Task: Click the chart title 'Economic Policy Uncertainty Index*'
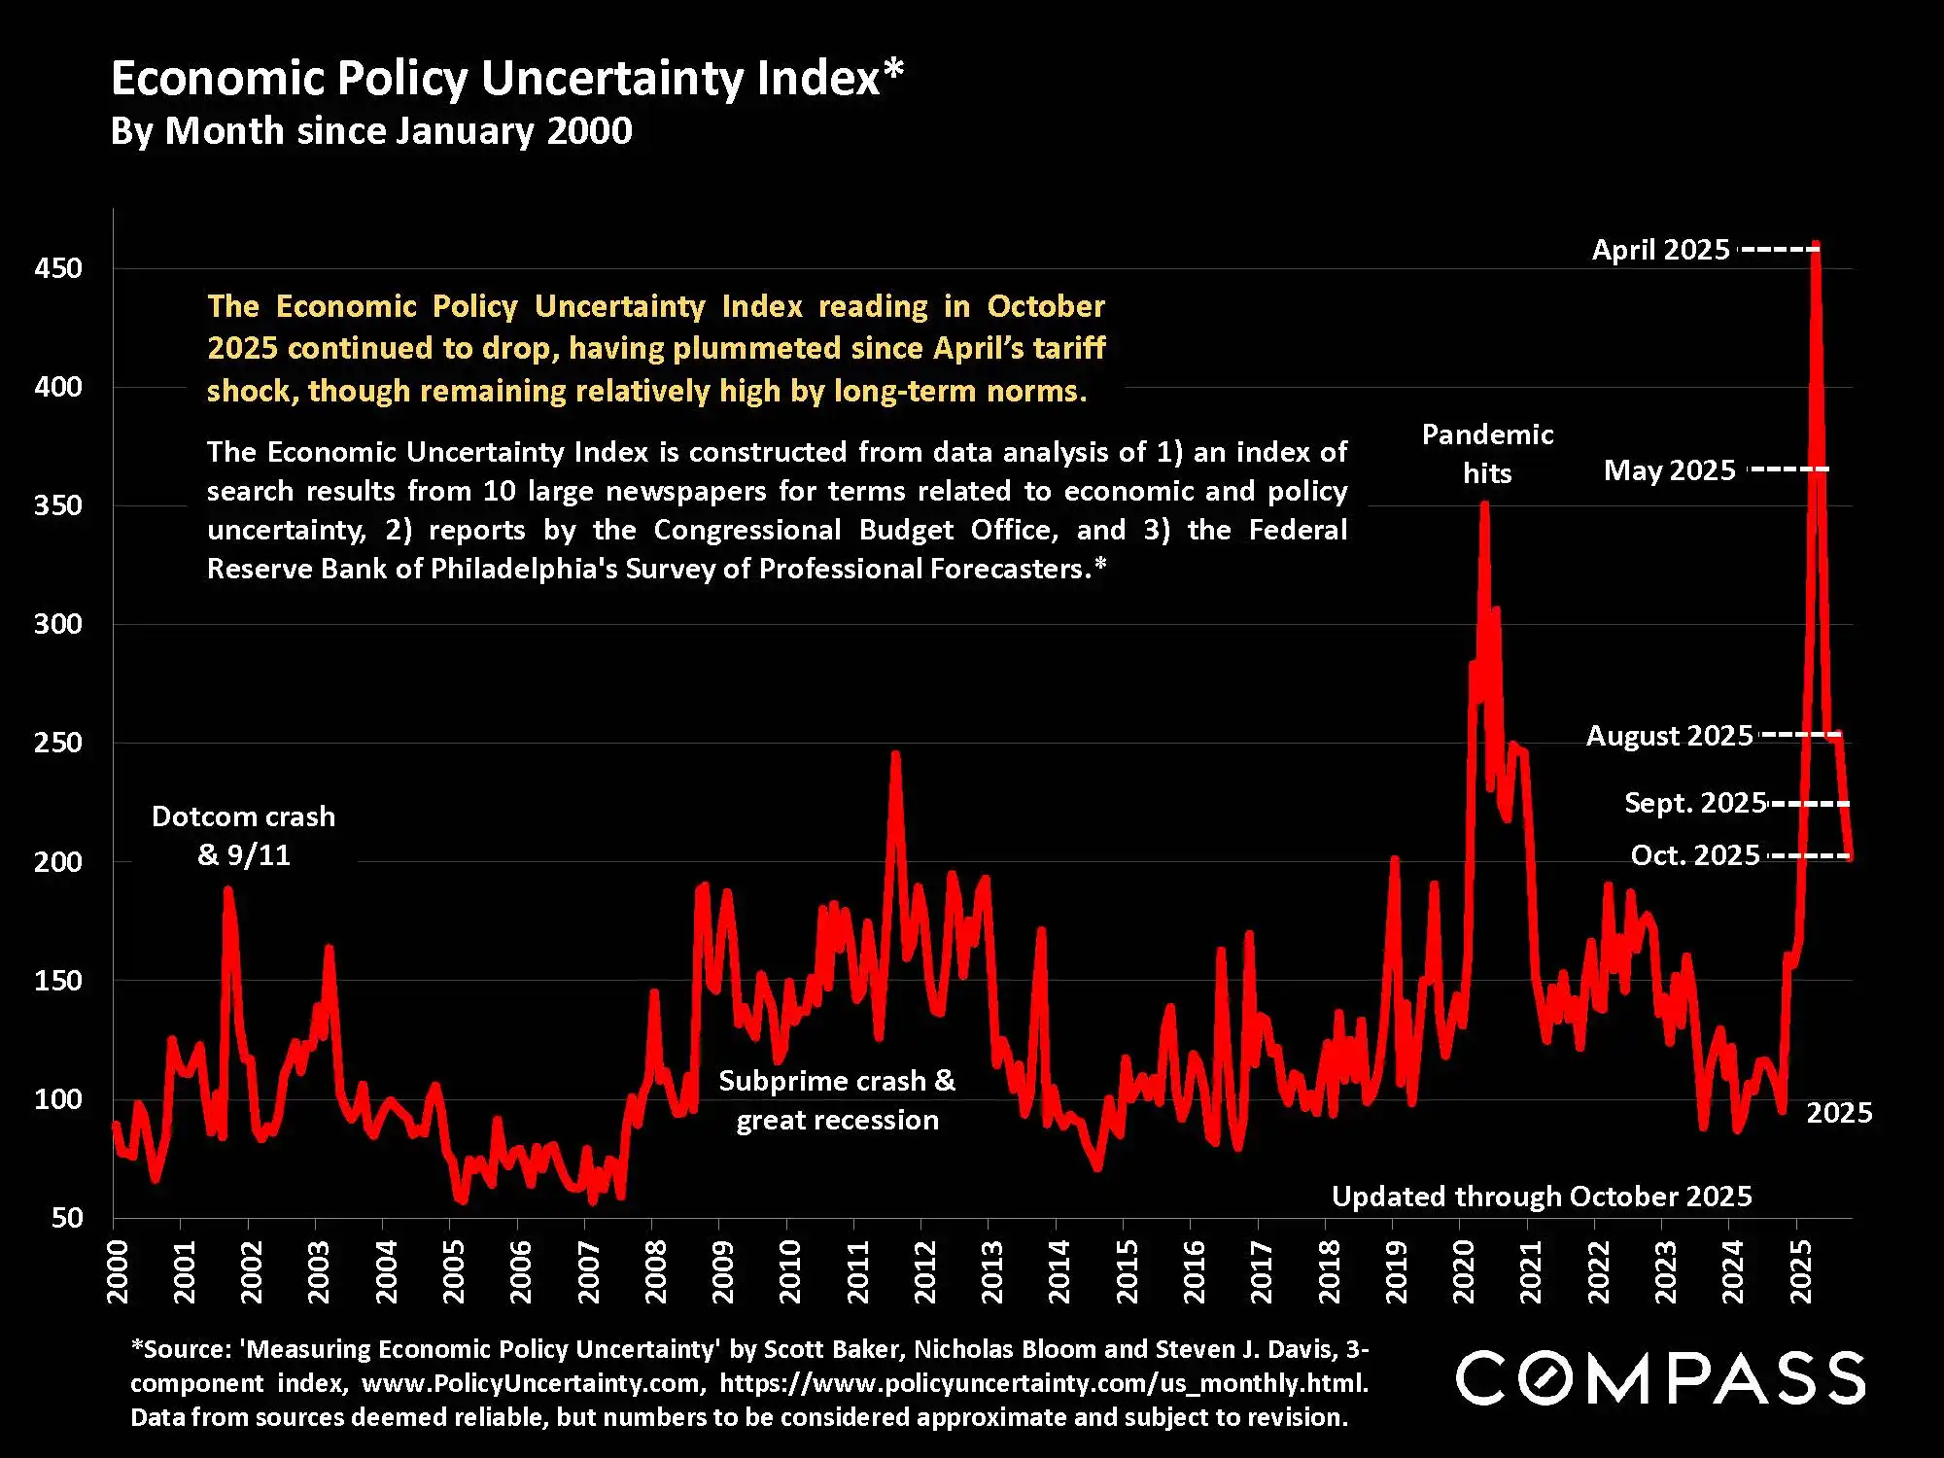(506, 78)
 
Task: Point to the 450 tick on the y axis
(58, 268)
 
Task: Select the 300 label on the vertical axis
(58, 624)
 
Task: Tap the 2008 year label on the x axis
(656, 1271)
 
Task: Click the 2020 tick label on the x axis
(1464, 1271)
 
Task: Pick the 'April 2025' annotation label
(1660, 250)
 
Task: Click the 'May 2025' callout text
(1669, 470)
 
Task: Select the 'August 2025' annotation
(1669, 736)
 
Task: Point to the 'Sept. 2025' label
(1695, 803)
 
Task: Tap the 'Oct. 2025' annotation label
(1695, 855)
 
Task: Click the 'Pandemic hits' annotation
(1487, 454)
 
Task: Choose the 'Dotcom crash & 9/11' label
(243, 836)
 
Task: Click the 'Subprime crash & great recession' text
(837, 1100)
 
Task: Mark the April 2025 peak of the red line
(1816, 246)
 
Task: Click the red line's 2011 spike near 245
(895, 754)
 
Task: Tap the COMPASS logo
(1660, 1377)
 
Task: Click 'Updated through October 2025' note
(1541, 1197)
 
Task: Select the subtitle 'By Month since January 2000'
(371, 131)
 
